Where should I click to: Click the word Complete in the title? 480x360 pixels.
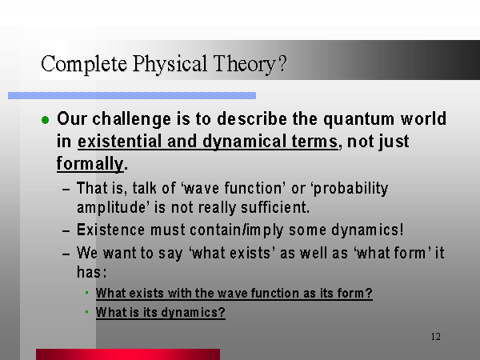tap(84, 65)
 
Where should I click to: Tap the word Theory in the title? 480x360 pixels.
tap(245, 65)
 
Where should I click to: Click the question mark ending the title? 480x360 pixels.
tap(283, 63)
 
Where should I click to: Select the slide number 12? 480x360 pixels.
tap(436, 337)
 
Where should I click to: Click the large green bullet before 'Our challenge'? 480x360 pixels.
tap(46, 120)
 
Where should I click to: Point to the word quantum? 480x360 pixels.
tap(358, 119)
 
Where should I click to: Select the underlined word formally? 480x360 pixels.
tap(90, 164)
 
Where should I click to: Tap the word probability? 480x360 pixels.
tap(351, 189)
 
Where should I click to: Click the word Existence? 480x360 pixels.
tap(110, 230)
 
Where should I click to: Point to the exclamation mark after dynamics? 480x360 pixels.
tap(402, 230)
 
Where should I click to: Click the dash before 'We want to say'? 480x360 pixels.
tap(66, 254)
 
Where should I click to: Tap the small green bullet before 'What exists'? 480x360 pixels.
tap(87, 293)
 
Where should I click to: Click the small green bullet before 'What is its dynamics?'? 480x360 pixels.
tap(87, 312)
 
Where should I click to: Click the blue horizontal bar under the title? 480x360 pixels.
tap(132, 95)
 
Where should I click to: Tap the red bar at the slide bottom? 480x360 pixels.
tap(128, 354)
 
